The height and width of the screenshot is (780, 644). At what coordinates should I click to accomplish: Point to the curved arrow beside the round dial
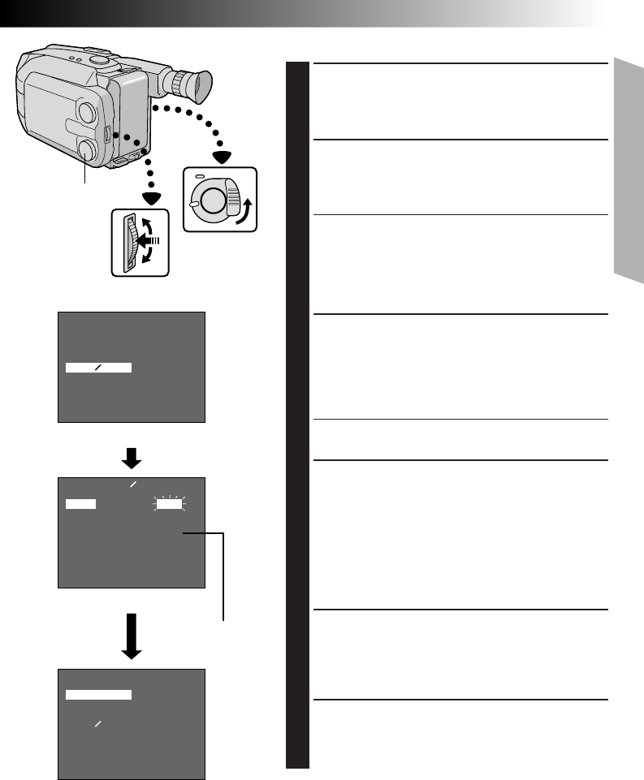tap(244, 209)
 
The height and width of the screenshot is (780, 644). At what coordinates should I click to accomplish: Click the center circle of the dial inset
tap(213, 197)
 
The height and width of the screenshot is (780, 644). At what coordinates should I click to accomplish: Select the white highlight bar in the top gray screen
tap(98, 368)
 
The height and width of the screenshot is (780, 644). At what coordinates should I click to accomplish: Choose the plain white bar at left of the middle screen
tap(80, 504)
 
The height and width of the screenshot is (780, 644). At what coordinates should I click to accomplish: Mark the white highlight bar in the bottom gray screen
tap(98, 695)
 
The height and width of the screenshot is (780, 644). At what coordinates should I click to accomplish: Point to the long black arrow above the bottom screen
tap(132, 636)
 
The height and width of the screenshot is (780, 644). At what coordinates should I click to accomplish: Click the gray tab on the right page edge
tap(629, 170)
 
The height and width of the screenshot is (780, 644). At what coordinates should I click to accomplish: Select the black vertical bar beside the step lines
tap(298, 415)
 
